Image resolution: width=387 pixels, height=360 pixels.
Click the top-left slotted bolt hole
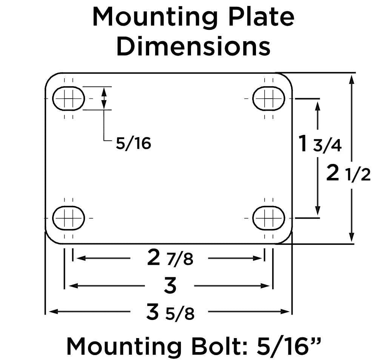tap(68, 99)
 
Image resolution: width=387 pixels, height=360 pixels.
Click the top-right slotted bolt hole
tap(268, 99)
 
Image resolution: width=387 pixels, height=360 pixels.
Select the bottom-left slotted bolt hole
tap(68, 218)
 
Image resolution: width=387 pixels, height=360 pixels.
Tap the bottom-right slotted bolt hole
tap(268, 218)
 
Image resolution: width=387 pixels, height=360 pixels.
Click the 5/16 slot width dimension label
tap(133, 144)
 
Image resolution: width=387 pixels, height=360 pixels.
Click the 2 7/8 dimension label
tap(170, 259)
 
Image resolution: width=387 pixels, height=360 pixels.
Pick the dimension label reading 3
tap(170, 286)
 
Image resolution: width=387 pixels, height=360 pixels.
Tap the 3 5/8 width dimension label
tap(170, 313)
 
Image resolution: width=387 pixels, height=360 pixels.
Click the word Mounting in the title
tap(153, 17)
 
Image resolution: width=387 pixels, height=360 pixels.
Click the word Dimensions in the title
tap(193, 47)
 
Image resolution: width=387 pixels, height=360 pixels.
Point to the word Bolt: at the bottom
tap(219, 345)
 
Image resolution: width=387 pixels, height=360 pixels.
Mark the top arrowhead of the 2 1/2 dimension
tap(352, 79)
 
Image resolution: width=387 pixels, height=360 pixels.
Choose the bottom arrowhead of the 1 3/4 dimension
tap(318, 212)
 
